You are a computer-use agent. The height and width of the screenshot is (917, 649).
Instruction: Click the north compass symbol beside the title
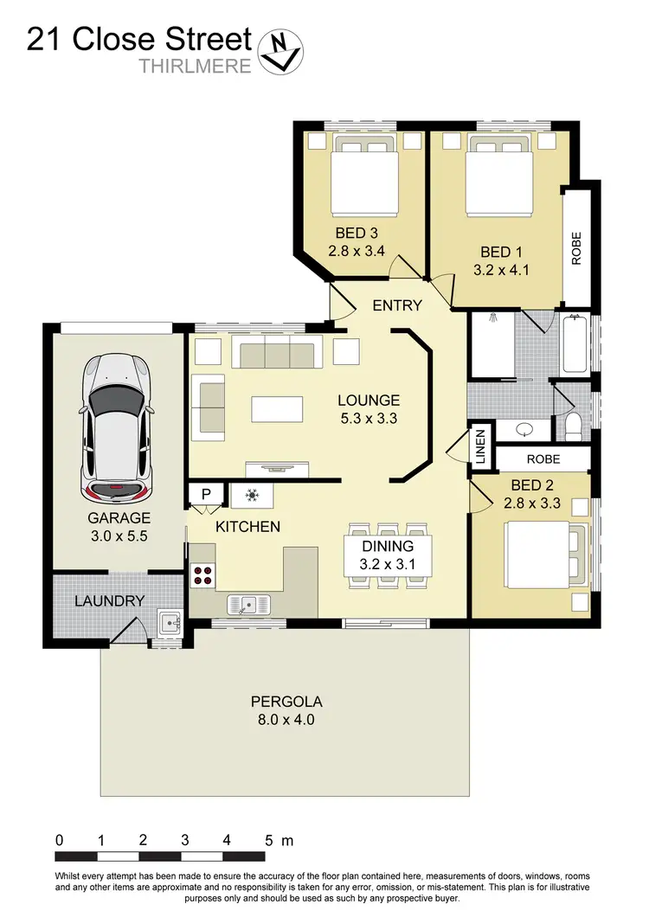[282, 49]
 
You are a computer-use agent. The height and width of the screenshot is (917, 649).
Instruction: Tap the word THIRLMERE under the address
[197, 66]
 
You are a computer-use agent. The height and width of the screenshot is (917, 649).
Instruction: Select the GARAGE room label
[119, 518]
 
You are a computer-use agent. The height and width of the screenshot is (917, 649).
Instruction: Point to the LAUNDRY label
[108, 600]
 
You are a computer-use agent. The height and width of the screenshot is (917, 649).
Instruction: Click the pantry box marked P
[206, 495]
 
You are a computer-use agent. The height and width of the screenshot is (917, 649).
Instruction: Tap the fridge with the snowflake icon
[253, 496]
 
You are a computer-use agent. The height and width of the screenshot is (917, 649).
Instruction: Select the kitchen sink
[249, 603]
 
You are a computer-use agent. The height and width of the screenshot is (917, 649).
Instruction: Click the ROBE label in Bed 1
[576, 248]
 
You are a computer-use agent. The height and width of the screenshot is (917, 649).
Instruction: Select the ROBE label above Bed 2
[543, 459]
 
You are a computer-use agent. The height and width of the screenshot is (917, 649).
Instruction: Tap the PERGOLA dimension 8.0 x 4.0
[286, 719]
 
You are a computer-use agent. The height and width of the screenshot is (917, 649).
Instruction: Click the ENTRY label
[396, 305]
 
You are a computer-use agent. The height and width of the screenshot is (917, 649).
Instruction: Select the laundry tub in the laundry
[169, 620]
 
